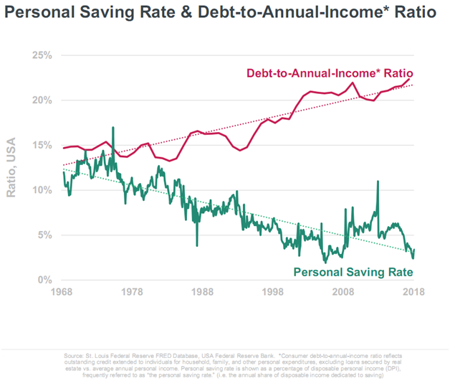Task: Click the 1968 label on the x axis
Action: coord(63,292)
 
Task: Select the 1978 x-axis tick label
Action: coord(133,292)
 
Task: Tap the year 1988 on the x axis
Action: coord(203,292)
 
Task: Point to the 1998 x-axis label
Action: coord(273,292)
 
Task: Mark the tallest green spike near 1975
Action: coord(113,128)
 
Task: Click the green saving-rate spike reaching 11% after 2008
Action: coord(378,182)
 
